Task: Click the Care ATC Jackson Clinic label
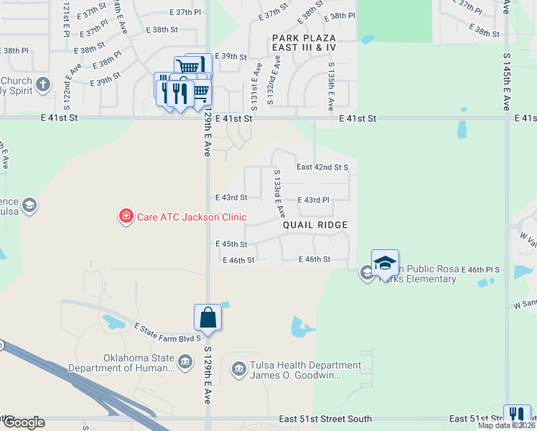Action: [x=192, y=217]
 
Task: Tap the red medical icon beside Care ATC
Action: [x=126, y=216]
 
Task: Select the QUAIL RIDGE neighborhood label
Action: [x=314, y=225]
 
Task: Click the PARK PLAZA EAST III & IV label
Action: [x=304, y=41]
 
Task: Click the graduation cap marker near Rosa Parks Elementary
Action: [x=385, y=262]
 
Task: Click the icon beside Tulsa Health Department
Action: [x=238, y=370]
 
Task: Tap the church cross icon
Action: [x=42, y=85]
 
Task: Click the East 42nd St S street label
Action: [x=322, y=167]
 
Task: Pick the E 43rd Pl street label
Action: [x=313, y=200]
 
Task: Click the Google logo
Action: [x=23, y=422]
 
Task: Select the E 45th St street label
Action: [x=231, y=244]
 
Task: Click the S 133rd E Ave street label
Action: [x=279, y=194]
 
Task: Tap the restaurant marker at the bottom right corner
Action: [x=517, y=417]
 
